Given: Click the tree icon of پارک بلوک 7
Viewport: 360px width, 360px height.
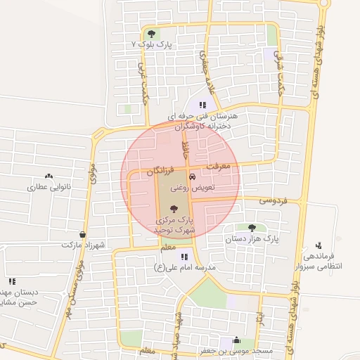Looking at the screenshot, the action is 151,33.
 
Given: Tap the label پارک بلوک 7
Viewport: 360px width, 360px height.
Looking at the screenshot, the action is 152,44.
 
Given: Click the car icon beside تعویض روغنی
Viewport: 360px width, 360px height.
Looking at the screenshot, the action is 193,177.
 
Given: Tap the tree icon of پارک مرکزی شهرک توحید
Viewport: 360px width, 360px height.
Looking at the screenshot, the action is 174,209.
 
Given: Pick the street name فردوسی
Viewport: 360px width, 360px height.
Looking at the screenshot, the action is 274,200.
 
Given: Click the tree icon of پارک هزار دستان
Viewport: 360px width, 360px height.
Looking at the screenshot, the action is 252,227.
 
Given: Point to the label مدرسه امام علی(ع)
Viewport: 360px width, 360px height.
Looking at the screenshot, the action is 184,268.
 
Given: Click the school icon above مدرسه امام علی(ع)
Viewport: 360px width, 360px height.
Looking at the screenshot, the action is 184,257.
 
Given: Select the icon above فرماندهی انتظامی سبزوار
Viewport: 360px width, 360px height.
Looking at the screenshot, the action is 319,246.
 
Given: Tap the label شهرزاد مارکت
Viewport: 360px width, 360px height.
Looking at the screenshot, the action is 82,245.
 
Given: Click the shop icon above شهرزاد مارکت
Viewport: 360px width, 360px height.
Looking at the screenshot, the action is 83,234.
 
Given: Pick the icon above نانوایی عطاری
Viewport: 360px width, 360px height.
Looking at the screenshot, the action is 49,176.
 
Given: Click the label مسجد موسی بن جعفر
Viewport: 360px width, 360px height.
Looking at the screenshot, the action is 243,350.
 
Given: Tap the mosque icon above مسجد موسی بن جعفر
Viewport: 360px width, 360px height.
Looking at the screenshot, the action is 235,340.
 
